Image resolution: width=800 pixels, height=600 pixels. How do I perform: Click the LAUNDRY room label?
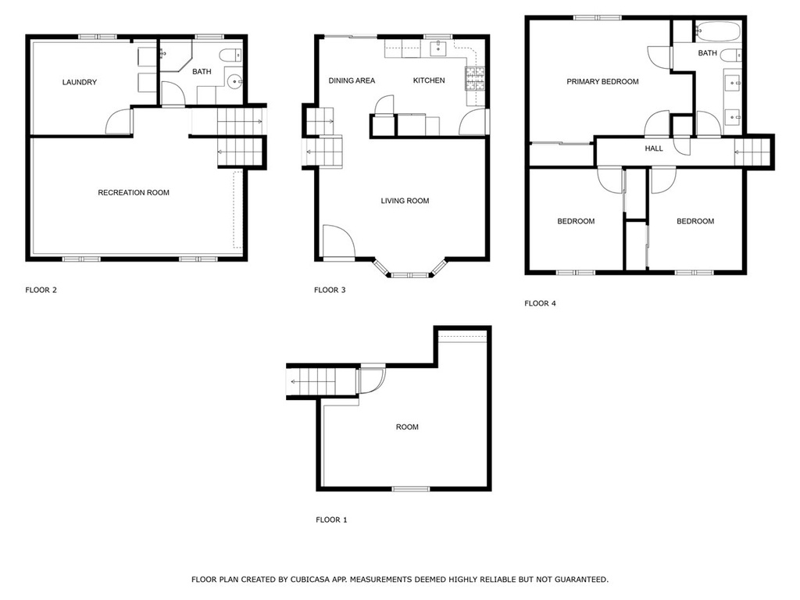(79, 82)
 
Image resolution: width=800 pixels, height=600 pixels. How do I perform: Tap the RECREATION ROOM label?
(134, 192)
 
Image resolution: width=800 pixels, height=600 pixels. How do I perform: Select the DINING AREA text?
(352, 80)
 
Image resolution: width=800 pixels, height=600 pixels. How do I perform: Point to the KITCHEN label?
(429, 80)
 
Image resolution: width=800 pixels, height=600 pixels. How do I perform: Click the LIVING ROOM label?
(405, 201)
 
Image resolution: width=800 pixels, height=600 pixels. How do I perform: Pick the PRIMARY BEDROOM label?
(602, 81)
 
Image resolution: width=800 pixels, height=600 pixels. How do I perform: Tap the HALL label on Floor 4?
(654, 148)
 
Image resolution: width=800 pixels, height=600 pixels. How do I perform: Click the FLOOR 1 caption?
(331, 520)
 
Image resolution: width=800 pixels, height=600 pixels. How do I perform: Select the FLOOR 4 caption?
(540, 304)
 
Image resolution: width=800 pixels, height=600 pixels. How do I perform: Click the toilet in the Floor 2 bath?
(230, 55)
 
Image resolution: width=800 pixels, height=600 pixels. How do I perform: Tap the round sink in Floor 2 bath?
(234, 81)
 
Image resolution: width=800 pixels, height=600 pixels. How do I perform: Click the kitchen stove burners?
(474, 79)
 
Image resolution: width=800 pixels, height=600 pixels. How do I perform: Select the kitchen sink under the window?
(437, 49)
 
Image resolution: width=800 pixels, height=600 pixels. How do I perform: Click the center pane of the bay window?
(410, 276)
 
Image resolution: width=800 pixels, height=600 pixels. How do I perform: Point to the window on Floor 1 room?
(411, 489)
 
